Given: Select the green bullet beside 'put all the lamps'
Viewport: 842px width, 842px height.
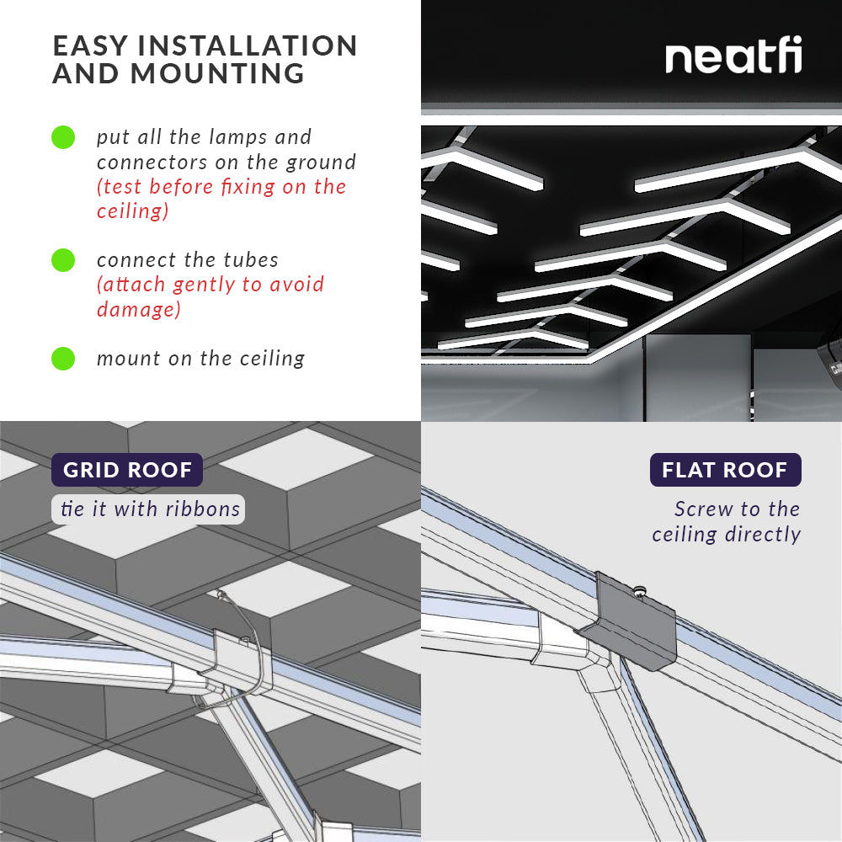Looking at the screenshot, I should coord(63,137).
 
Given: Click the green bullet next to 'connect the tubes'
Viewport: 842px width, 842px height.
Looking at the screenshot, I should coord(63,260).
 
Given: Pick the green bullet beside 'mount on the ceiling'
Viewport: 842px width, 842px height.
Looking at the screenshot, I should coord(63,359).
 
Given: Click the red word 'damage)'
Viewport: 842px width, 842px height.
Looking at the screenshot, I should coord(138,309).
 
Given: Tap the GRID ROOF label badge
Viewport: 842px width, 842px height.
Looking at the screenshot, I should coord(127,470).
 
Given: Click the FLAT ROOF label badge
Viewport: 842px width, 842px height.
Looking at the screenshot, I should coord(725,470).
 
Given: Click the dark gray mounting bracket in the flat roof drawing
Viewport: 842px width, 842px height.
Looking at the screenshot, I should coord(636,623).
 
